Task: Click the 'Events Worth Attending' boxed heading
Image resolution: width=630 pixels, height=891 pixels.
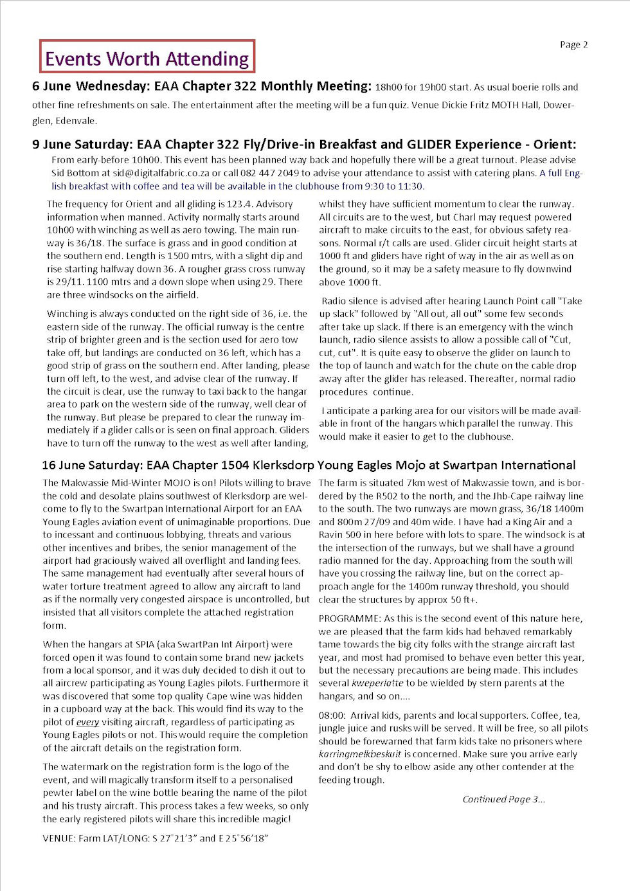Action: point(147,59)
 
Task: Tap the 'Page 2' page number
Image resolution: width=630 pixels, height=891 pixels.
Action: point(573,44)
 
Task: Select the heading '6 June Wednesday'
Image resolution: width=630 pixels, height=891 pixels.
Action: point(90,86)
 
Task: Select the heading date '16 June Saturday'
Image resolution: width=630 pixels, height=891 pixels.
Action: point(92,465)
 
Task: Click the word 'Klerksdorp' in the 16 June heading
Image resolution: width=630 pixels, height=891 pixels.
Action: point(283,465)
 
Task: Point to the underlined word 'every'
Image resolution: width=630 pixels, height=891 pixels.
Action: point(87,722)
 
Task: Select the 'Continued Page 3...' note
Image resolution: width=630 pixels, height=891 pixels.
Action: point(503,799)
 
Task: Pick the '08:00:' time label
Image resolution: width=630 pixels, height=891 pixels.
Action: point(332,715)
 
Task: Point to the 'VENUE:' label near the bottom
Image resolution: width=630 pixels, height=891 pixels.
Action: point(59,838)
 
